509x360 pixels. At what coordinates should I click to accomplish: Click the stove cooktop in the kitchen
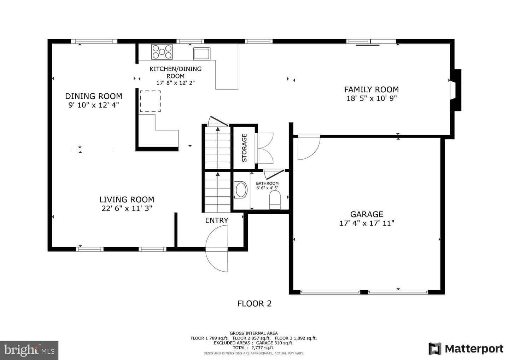(162, 52)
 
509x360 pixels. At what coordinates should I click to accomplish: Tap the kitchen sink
(201, 54)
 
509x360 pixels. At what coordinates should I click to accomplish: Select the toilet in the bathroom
(275, 200)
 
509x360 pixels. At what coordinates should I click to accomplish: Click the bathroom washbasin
(241, 190)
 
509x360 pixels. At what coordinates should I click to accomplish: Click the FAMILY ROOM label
(371, 89)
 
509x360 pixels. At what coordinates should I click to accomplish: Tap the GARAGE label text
(367, 214)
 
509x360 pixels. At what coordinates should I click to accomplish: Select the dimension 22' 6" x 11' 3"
(127, 208)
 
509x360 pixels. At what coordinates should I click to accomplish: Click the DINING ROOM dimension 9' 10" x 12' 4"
(94, 105)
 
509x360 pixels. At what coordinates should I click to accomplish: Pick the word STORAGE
(244, 148)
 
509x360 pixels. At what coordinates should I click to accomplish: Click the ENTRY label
(217, 220)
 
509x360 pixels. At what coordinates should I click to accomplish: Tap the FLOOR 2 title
(254, 304)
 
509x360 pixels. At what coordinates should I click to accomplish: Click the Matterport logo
(466, 349)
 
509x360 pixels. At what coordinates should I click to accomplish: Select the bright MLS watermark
(29, 350)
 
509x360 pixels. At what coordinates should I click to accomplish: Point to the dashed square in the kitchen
(150, 101)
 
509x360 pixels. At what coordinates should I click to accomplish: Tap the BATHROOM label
(267, 184)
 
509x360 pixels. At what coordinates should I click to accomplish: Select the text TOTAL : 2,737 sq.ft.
(253, 348)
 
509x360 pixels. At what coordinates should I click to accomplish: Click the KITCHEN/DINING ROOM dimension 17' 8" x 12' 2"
(175, 83)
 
